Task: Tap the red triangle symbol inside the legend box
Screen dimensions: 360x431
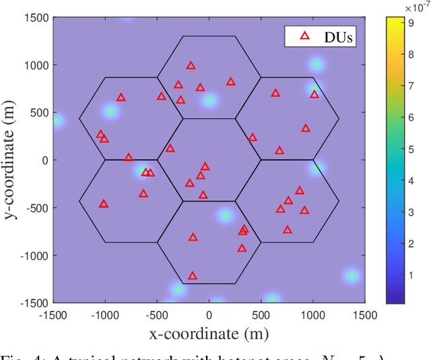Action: pos(304,37)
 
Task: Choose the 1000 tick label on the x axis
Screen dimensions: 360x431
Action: pos(312,315)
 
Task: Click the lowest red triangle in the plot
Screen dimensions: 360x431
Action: pos(193,276)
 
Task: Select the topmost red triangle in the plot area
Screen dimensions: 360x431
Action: pos(191,65)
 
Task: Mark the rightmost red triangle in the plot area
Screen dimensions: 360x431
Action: pos(314,94)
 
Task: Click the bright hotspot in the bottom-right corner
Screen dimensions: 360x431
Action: pos(351,275)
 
